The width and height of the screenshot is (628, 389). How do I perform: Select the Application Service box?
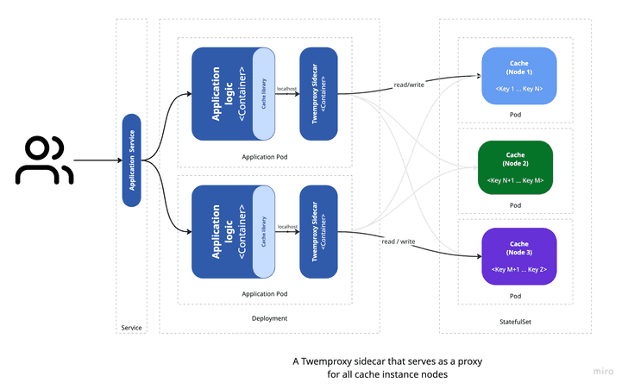coord(131,160)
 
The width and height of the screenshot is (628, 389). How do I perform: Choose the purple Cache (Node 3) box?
coord(518,256)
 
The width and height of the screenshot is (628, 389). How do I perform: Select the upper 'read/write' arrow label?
coord(409,85)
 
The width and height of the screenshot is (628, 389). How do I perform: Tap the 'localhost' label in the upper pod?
coord(287,88)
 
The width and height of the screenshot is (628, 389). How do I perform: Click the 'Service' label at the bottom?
coord(131,327)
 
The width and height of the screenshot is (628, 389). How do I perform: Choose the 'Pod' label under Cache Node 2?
coord(515,205)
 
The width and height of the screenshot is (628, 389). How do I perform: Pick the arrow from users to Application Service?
coord(97,160)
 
